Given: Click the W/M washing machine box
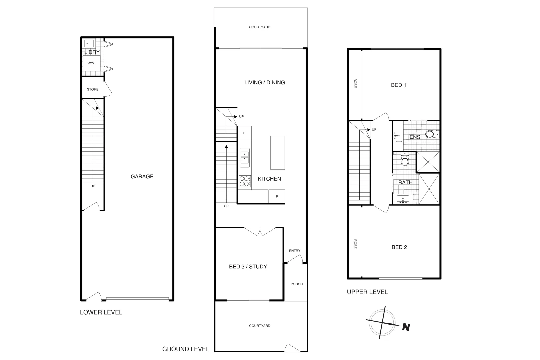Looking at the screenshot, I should (x=91, y=63).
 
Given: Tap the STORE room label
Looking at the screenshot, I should (x=93, y=89).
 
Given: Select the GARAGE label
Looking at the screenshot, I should (x=142, y=177).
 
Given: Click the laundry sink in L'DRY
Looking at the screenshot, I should (x=89, y=43).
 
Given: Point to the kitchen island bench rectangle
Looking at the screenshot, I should (x=277, y=153).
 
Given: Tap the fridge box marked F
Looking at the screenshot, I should (x=277, y=197).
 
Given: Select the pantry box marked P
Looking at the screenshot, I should (x=244, y=133).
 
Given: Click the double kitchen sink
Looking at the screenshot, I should (x=244, y=158).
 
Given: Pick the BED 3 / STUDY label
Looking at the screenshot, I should (x=248, y=267).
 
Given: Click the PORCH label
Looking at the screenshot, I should (x=297, y=284).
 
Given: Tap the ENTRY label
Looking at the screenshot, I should (x=295, y=251).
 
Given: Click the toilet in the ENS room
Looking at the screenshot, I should (x=430, y=135).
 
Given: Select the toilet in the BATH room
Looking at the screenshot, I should (x=405, y=162).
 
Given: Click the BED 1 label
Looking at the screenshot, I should (x=398, y=85).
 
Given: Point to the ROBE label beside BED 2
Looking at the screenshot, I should (x=355, y=244).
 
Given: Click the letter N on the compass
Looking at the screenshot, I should (x=406, y=327).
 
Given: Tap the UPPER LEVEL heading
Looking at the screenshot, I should (x=367, y=292).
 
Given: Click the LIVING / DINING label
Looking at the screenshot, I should (x=265, y=83).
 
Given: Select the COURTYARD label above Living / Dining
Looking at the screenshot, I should (x=260, y=27).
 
